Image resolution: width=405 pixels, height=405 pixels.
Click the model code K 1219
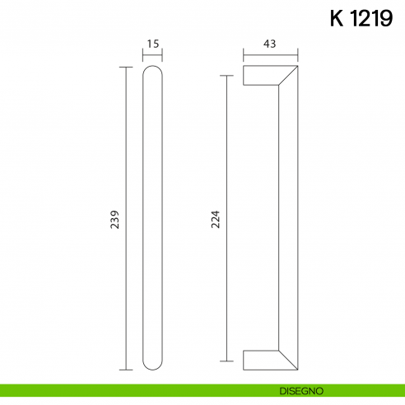[358, 18]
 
